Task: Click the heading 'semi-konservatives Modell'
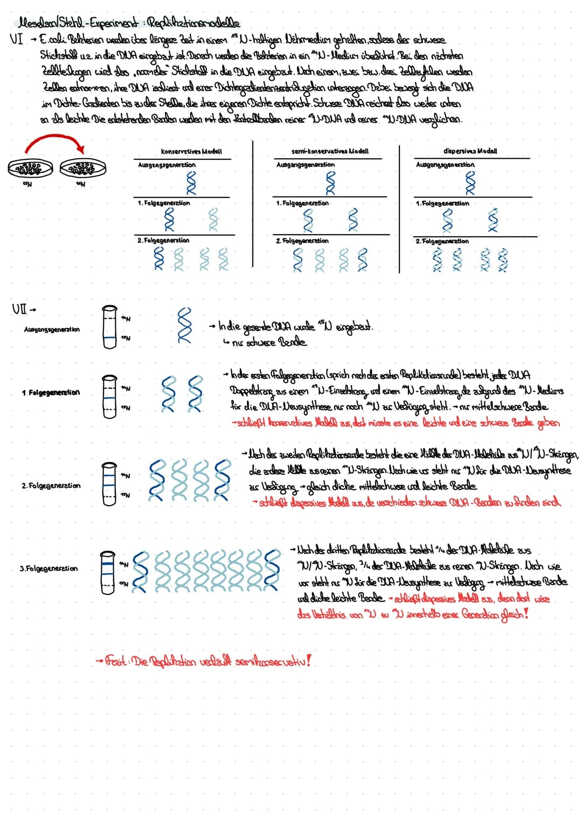[329, 151]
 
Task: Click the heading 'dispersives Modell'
[470, 151]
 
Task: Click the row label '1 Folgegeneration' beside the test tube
[51, 392]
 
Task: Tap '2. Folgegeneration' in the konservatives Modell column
[163, 240]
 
